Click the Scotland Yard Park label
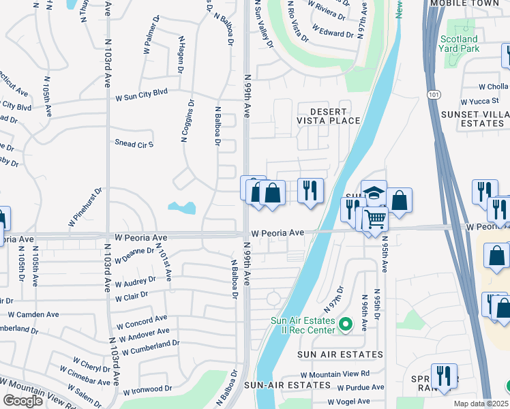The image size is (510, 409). coord(459,44)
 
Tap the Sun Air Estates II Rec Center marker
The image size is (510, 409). coord(345,324)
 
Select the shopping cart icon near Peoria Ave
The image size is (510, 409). coord(374,219)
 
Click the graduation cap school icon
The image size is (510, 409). coord(374,192)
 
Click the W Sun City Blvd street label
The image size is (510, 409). coord(140,93)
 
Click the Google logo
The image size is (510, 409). coord(23,400)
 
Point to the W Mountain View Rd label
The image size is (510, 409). coord(335,374)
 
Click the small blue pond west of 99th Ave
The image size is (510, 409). coord(181,207)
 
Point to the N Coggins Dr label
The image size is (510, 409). coord(187,121)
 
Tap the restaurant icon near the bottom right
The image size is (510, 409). coord(444,376)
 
